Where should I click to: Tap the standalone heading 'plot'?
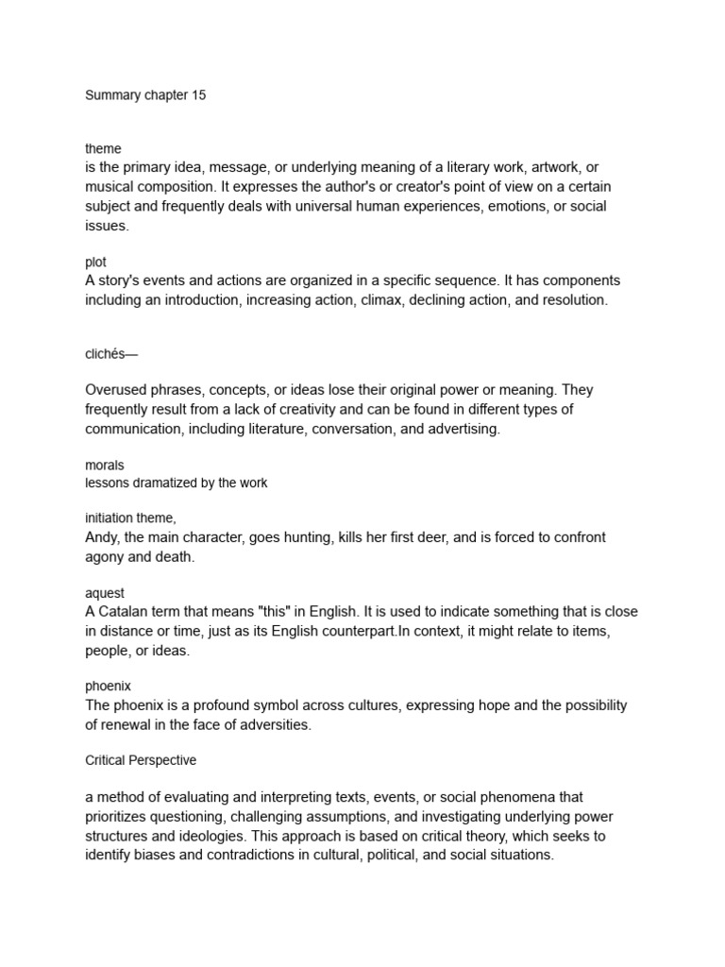95,263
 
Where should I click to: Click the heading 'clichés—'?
111,354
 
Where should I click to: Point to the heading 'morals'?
105,466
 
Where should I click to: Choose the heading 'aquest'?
105,593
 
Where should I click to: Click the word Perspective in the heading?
160,760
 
